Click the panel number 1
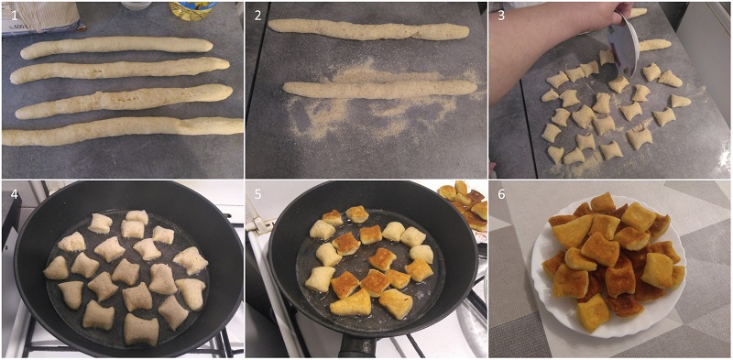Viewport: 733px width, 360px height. [x=14, y=15]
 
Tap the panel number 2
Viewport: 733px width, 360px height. [x=257, y=15]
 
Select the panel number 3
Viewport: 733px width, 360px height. [x=501, y=15]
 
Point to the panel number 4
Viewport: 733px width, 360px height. [x=15, y=193]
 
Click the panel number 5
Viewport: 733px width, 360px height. [x=257, y=193]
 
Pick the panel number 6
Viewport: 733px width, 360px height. [x=501, y=193]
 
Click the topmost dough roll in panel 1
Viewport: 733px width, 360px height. [x=116, y=47]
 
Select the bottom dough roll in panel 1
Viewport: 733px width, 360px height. [x=123, y=130]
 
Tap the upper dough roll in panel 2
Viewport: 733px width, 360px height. [x=368, y=29]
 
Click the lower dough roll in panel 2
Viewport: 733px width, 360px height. [x=379, y=89]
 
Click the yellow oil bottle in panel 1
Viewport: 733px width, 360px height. [x=192, y=9]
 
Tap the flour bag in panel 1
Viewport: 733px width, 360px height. [x=41, y=17]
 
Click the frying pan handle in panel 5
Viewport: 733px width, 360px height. [x=357, y=347]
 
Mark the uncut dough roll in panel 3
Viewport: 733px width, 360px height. [x=654, y=45]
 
